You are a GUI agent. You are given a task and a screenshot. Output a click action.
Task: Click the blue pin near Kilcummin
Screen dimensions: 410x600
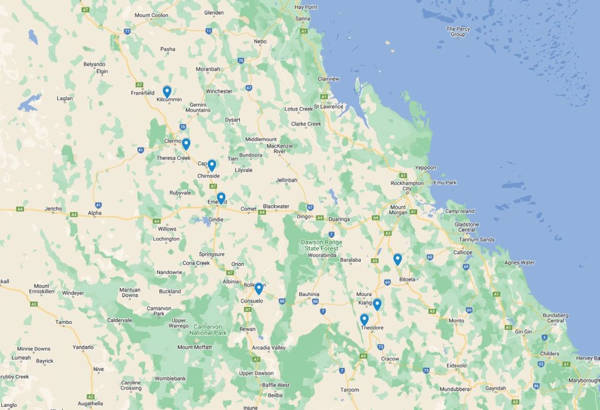167,91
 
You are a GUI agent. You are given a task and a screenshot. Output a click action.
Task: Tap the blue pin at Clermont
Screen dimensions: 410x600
186,143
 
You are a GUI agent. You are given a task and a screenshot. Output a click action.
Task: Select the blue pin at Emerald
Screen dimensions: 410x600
221,198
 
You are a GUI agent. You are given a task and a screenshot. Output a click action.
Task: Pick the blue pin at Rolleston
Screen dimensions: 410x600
258,288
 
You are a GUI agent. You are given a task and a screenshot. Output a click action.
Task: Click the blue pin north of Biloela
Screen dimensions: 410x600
397,259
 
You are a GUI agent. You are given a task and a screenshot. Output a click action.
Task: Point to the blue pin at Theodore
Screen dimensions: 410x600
364,319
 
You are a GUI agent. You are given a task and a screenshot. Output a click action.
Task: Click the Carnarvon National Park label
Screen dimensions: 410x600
208,329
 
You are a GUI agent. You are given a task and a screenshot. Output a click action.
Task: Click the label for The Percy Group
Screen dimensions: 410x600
458,32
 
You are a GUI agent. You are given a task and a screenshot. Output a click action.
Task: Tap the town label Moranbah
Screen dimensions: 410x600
208,69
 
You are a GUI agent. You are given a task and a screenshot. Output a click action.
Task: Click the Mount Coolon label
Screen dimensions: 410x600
151,15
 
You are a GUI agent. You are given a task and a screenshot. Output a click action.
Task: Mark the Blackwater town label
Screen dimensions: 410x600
276,206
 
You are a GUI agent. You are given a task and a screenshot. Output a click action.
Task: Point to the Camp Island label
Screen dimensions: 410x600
459,211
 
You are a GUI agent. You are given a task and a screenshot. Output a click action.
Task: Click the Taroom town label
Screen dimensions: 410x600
349,389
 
